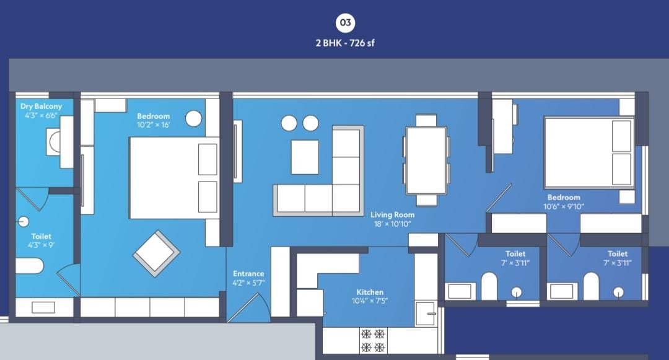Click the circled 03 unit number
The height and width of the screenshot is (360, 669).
tap(345, 23)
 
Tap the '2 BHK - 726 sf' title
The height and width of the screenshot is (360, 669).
tap(345, 43)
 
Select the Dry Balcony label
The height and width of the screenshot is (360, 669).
tap(41, 106)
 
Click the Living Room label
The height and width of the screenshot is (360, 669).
tap(392, 214)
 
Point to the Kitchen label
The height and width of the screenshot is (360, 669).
tap(370, 292)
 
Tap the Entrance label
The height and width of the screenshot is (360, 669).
tap(248, 273)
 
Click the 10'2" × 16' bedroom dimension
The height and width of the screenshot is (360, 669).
tap(153, 125)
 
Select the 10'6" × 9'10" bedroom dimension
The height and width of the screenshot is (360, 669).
tap(564, 206)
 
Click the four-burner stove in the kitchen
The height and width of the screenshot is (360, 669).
tap(374, 340)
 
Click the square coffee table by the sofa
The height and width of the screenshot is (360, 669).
tap(305, 157)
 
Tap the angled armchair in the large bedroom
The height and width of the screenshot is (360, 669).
tap(156, 254)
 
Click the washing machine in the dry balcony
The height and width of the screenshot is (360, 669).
tap(55, 143)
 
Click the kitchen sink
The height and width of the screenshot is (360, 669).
tap(426, 314)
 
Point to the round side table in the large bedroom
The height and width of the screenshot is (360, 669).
tap(193, 118)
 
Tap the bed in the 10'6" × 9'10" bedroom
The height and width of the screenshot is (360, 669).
tap(589, 152)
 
